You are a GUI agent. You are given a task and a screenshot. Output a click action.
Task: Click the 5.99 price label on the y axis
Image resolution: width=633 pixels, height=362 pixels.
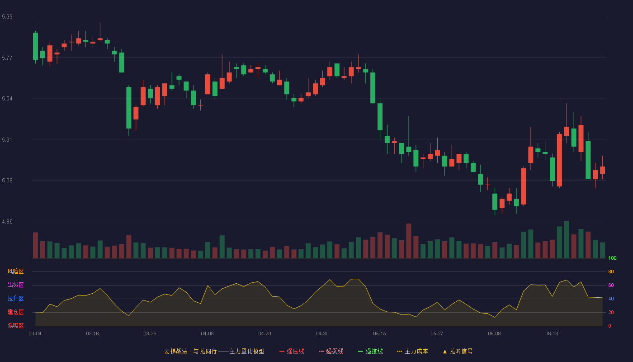7,17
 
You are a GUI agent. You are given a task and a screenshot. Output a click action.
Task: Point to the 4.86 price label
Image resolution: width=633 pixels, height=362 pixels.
7,222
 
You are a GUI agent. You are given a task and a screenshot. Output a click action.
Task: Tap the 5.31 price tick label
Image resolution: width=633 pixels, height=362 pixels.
7,140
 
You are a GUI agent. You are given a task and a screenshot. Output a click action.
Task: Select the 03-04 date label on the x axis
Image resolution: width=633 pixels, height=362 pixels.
35,334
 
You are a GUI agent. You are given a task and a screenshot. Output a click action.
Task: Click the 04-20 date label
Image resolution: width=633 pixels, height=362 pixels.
265,334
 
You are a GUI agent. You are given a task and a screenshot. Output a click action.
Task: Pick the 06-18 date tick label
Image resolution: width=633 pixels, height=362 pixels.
552,334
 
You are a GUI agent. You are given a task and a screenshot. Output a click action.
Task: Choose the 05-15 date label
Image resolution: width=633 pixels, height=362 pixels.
379,334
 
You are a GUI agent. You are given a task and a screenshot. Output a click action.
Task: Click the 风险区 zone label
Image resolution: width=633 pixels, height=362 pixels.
15,271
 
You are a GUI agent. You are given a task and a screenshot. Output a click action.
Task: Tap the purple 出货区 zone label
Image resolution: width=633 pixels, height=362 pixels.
15,285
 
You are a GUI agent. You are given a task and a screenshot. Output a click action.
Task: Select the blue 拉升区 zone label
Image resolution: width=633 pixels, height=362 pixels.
15,298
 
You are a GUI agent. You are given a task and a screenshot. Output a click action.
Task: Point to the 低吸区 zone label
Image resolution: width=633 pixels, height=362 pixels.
15,325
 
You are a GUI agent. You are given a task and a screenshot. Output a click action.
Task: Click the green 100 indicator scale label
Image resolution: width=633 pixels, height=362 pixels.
612,258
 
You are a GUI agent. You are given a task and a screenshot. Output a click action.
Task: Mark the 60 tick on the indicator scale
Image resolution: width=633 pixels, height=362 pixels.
611,285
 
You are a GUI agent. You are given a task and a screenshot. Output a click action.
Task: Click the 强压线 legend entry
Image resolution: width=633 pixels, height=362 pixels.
292,351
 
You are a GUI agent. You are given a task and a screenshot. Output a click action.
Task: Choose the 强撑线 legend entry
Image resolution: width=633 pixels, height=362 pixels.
370,351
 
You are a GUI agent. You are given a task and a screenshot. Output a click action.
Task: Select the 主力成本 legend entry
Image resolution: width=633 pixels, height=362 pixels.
412,351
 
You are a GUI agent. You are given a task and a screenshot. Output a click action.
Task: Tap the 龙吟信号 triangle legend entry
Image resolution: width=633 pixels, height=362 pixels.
458,351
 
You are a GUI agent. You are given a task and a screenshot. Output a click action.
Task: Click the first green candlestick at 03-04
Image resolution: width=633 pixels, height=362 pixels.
35,46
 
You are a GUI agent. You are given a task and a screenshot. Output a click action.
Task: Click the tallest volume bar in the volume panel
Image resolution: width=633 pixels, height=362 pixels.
567,239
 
